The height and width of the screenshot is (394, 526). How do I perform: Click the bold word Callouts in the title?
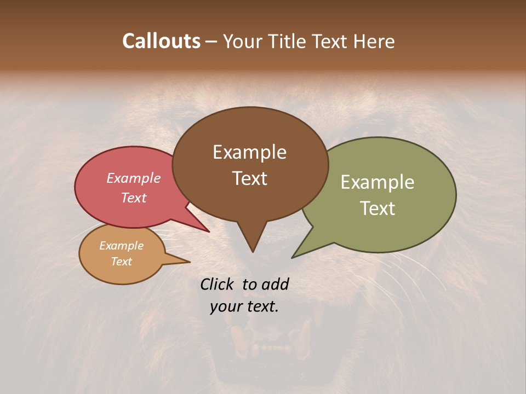(161, 41)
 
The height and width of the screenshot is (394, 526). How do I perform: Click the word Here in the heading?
(374, 41)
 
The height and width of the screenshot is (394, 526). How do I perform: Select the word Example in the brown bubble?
(249, 152)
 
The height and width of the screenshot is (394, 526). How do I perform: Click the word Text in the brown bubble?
(249, 178)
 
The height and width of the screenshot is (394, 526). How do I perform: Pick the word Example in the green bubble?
(378, 182)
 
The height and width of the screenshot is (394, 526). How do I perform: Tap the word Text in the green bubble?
(378, 208)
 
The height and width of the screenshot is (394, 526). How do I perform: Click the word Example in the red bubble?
(133, 178)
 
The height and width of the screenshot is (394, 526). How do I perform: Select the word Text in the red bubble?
(133, 198)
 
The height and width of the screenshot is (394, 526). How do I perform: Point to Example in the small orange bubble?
(121, 246)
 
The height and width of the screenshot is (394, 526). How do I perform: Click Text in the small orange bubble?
(121, 262)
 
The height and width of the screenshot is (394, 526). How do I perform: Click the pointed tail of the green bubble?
(299, 253)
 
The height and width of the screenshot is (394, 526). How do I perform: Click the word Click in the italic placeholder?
(218, 284)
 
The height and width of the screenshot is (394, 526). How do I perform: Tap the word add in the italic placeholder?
(276, 284)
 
